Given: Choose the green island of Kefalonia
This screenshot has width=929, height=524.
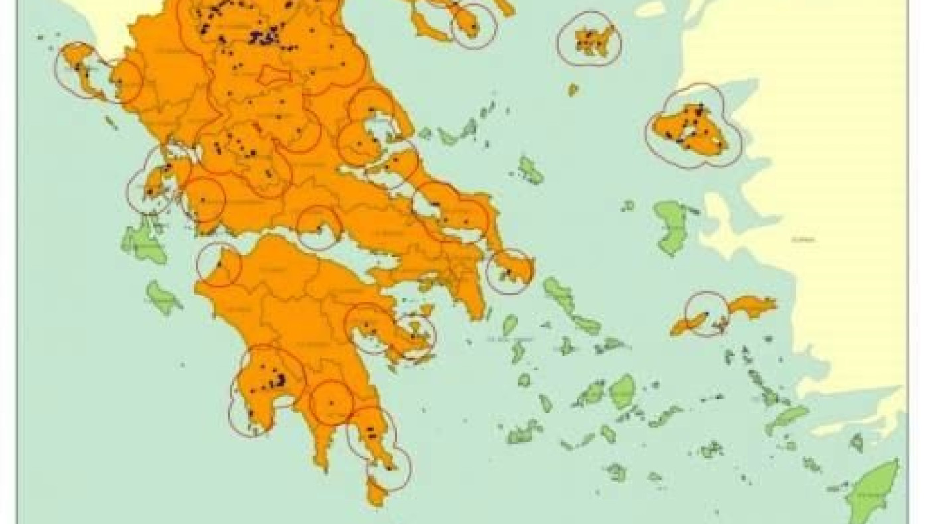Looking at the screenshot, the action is (142, 241).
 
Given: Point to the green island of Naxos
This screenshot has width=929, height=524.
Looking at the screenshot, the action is (622, 391).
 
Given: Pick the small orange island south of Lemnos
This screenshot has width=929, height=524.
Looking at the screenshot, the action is (573, 89).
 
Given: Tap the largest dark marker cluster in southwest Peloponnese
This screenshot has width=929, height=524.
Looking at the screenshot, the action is (280, 380).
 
